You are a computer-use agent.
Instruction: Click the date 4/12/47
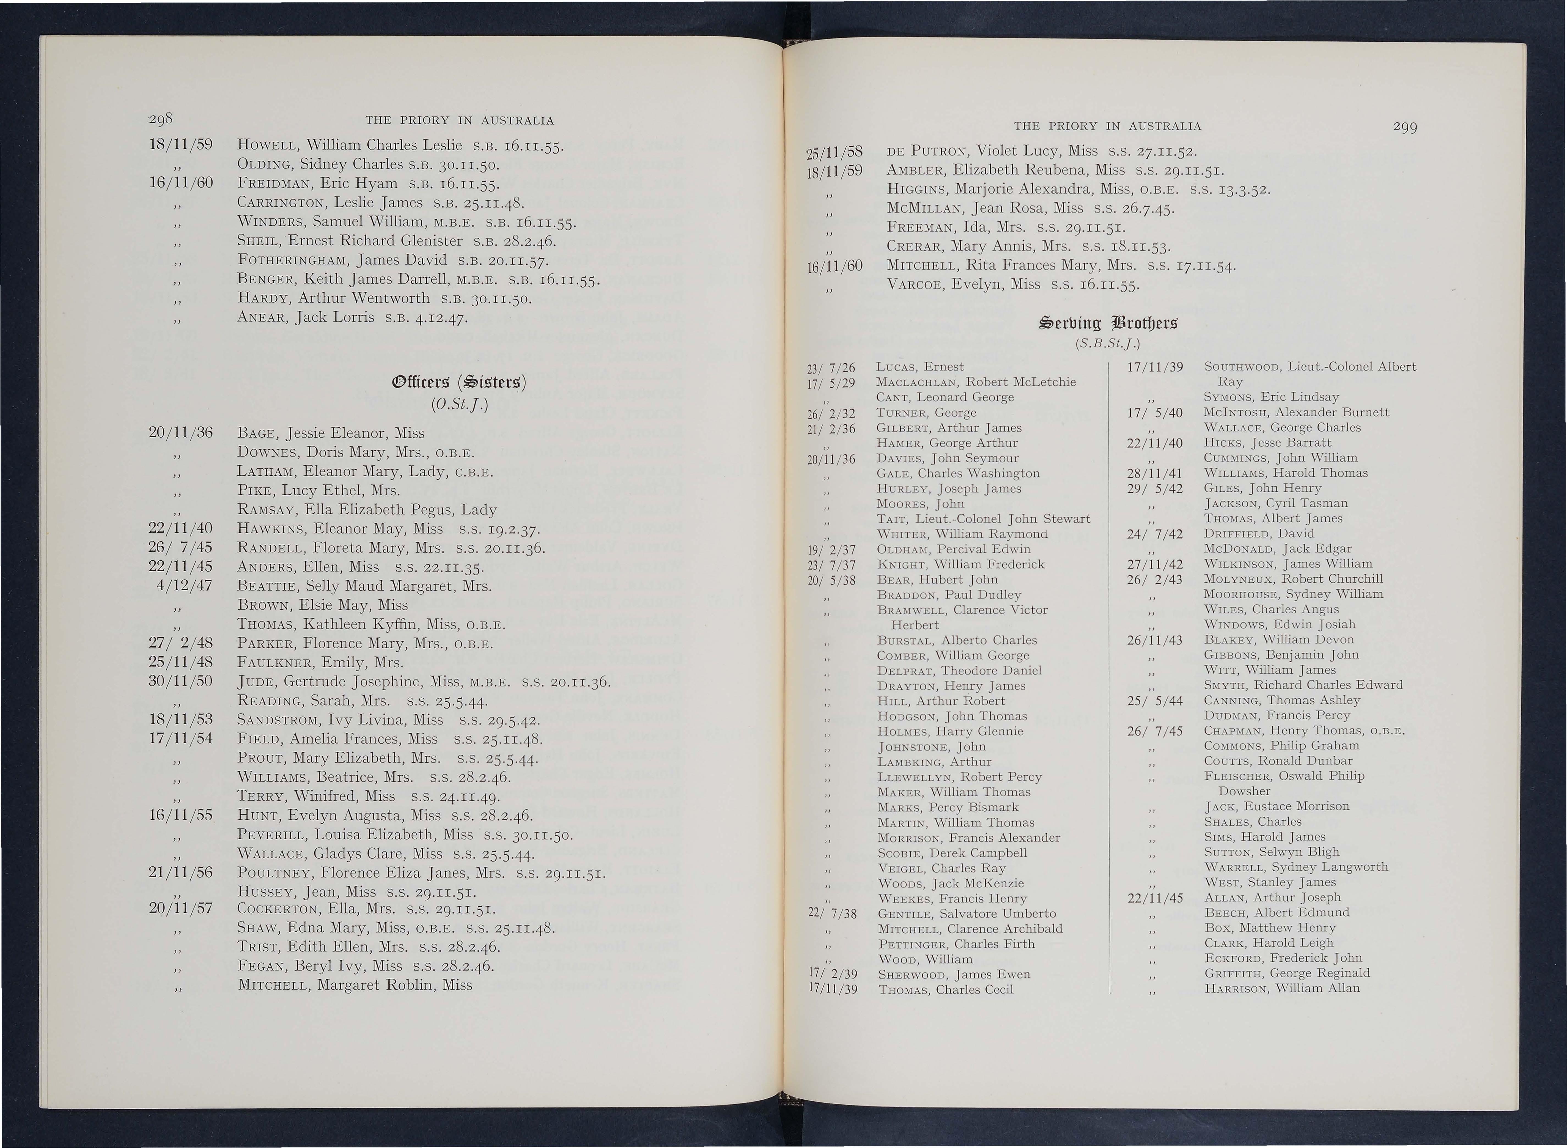pos(185,586)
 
